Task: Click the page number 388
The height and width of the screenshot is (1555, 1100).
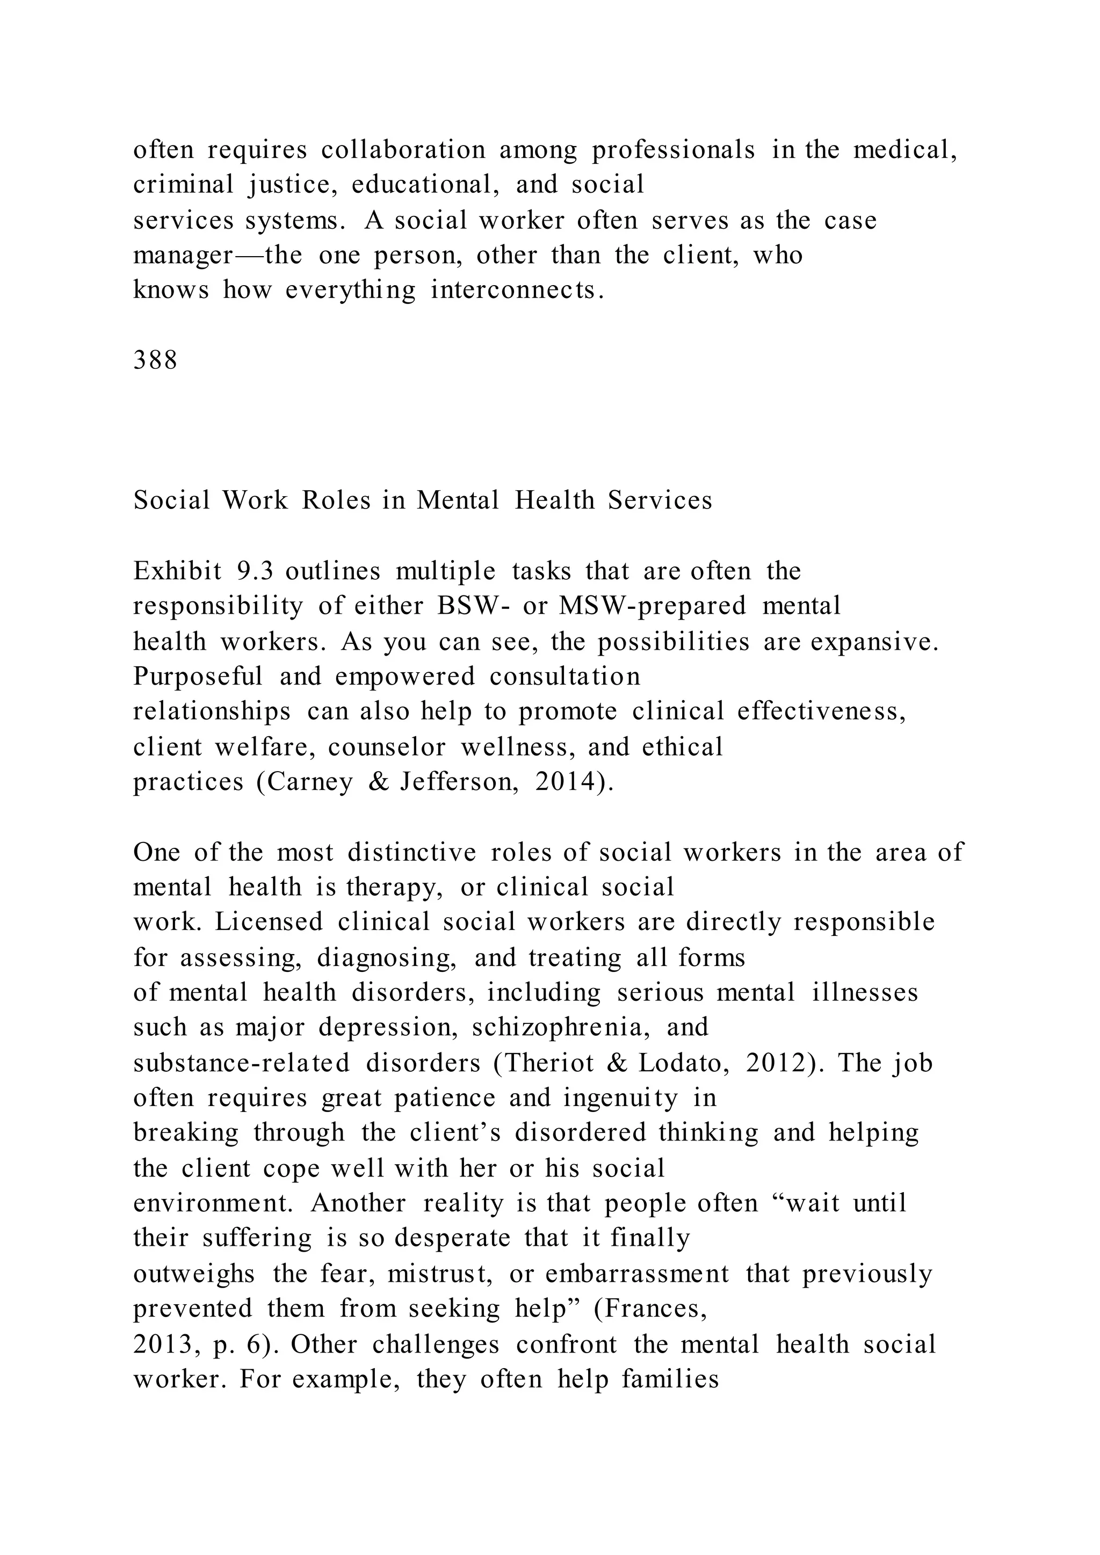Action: click(155, 360)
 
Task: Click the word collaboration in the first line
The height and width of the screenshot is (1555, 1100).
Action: click(403, 150)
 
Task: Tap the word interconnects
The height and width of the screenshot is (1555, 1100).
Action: click(517, 290)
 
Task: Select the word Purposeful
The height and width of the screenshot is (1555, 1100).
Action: click(198, 676)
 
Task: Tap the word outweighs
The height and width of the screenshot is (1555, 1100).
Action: click(194, 1274)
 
